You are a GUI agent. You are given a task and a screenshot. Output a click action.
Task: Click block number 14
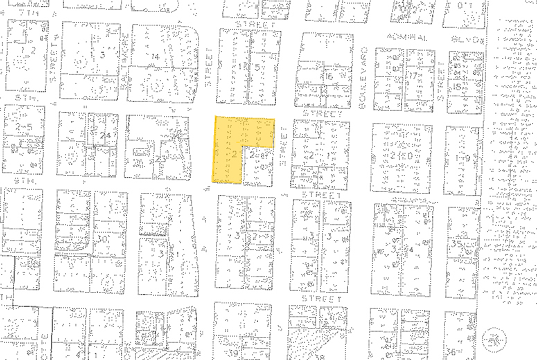coord(155,56)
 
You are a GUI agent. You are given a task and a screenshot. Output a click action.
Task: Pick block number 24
coord(105,135)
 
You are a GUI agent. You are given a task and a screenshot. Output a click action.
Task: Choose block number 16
coord(327,76)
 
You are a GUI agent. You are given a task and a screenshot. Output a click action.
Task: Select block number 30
coord(104,238)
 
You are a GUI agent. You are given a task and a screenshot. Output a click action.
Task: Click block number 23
coord(161,159)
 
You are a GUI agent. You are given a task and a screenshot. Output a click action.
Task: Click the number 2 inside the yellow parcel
coord(236,154)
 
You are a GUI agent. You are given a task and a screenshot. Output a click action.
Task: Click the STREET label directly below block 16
coord(323,112)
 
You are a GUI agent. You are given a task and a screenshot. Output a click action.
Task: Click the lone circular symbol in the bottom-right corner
coord(495,339)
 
